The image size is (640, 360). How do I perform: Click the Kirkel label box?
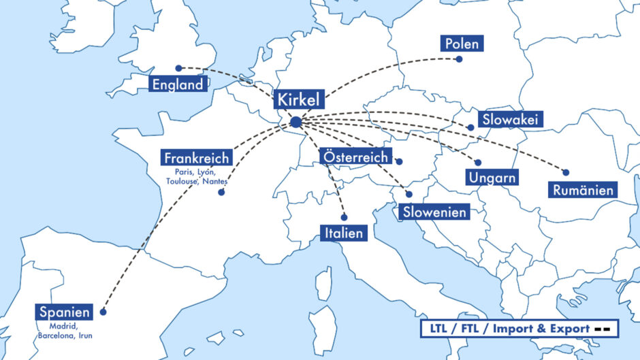point(298,99)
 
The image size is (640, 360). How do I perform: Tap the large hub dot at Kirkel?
point(295,122)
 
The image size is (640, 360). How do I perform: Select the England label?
point(178,85)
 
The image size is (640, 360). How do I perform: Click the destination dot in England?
point(178,68)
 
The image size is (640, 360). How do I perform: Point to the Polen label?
point(462,44)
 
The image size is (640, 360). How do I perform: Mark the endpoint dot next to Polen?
point(459,59)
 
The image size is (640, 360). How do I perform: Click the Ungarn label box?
point(492,178)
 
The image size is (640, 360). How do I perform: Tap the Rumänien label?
point(582,190)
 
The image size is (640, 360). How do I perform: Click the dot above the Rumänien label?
point(565,172)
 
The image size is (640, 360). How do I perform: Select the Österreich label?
point(355,157)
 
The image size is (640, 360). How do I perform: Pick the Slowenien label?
point(434,212)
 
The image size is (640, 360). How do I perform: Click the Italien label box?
point(343,233)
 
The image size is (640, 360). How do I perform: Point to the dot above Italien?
point(344,218)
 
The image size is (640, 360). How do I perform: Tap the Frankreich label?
point(197,158)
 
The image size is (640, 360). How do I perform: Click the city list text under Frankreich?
point(197,177)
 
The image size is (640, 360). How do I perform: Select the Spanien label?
point(65,312)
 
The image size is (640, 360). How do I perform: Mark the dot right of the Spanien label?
point(103,312)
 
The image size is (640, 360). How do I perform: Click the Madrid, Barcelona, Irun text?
point(65,331)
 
